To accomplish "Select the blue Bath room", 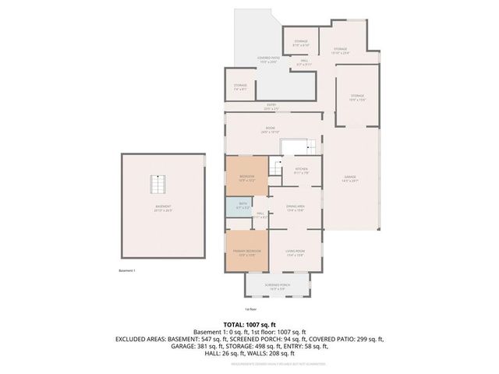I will coord(236,207).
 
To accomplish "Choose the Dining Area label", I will coord(295,207).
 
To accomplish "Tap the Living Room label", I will coord(294,252).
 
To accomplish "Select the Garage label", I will coord(349,178).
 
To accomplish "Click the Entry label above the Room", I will coord(271,106).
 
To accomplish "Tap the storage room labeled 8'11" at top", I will coord(301,43).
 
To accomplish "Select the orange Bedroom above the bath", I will coord(246,178).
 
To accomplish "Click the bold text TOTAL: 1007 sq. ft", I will coord(249,324).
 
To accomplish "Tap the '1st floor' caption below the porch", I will coord(250,310).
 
